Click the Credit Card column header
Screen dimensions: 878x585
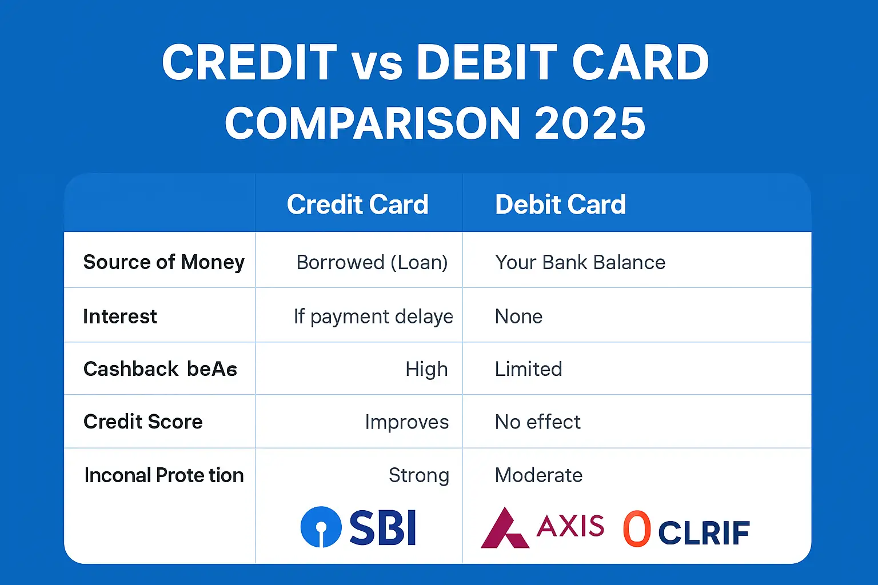[x=357, y=205]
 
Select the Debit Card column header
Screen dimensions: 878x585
[x=560, y=205]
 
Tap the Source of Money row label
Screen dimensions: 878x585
[x=163, y=262]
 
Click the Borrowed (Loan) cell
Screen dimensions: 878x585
[x=372, y=262]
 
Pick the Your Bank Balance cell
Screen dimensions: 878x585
[x=580, y=262]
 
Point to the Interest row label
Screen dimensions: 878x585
[x=120, y=316]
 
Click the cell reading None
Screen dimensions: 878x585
[x=518, y=316]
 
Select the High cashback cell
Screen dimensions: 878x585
[x=426, y=369]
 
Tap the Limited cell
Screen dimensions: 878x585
[x=528, y=369]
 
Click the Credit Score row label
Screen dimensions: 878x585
[x=143, y=422]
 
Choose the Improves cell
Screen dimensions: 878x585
[x=406, y=422]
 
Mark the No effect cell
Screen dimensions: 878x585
[x=537, y=422]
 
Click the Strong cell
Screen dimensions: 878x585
[x=418, y=475]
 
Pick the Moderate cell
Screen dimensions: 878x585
[x=538, y=475]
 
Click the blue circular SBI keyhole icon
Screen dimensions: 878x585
[x=321, y=527]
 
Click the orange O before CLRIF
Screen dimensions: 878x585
[x=637, y=528]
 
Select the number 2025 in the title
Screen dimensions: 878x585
[x=590, y=123]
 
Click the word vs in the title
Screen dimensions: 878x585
[x=377, y=63]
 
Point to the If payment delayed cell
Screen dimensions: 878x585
[x=373, y=316]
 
